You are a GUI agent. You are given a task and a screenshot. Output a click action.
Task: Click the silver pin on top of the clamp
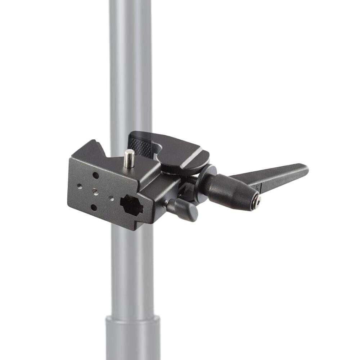(129, 158)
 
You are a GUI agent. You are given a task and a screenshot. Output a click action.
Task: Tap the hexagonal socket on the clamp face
(132, 206)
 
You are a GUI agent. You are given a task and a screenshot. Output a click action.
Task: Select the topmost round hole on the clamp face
(95, 175)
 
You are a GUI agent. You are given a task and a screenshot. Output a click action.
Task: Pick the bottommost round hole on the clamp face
(94, 207)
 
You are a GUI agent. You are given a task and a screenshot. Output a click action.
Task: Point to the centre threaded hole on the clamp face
(95, 192)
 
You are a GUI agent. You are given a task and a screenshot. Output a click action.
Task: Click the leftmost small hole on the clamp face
(79, 186)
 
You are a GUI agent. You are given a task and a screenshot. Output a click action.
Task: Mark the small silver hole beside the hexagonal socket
(112, 198)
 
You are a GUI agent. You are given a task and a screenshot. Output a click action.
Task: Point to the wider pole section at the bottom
(132, 338)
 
